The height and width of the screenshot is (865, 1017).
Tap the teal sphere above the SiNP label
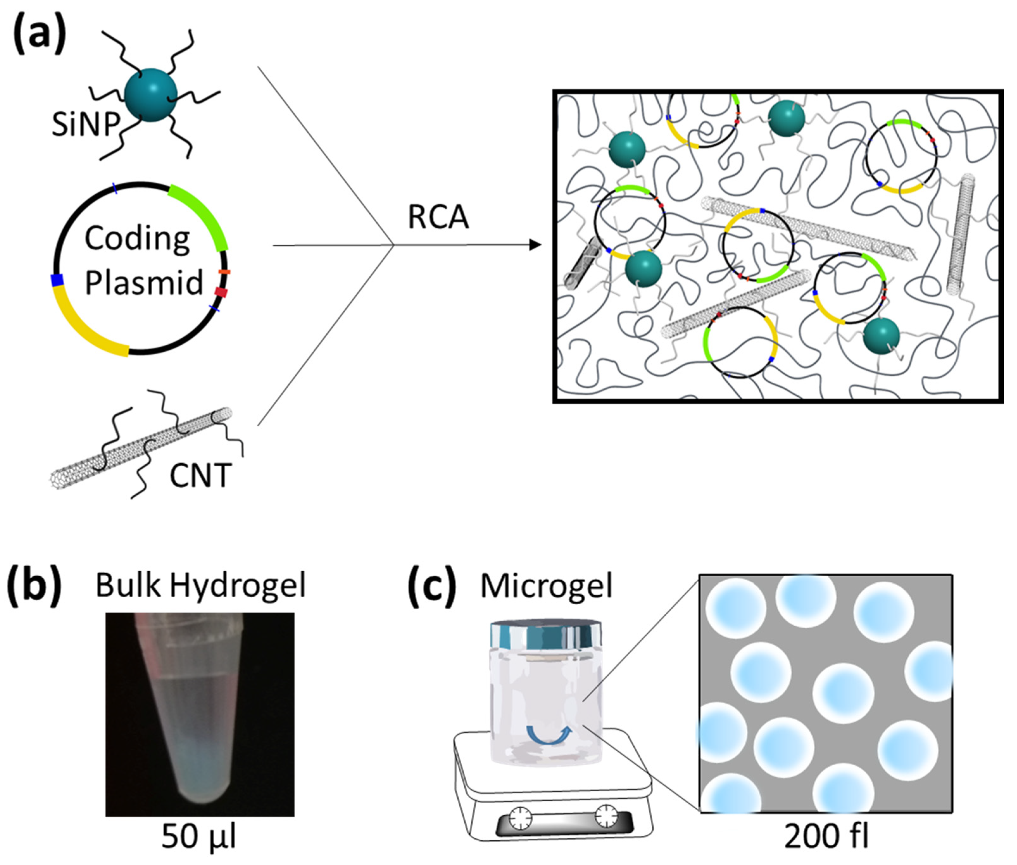tap(151, 95)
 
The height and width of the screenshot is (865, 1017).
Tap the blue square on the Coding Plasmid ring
tap(57, 280)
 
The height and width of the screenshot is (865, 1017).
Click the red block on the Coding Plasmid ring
tap(221, 293)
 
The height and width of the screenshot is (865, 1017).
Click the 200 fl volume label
tap(826, 837)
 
